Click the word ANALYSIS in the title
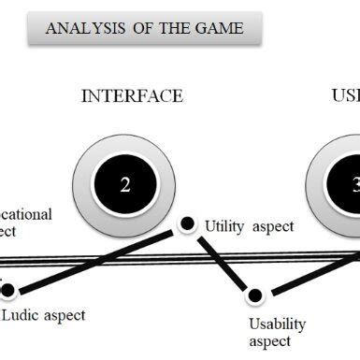click(x=79, y=29)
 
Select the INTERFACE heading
click(x=132, y=96)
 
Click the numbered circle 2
click(x=125, y=183)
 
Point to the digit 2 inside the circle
click(x=125, y=184)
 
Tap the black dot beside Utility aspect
click(x=187, y=223)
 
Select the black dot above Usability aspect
click(x=254, y=296)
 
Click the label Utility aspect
click(x=249, y=226)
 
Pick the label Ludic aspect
click(x=42, y=315)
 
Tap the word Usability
click(x=277, y=324)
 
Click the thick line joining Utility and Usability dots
click(x=221, y=260)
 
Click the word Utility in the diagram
click(x=224, y=226)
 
